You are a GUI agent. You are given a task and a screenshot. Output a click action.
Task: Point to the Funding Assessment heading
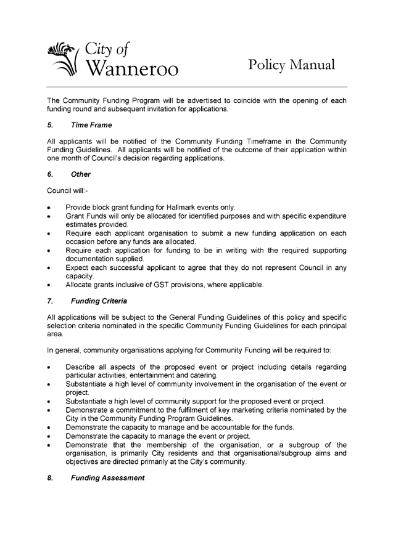click(x=107, y=477)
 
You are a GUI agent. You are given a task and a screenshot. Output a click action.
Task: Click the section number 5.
click(x=49, y=125)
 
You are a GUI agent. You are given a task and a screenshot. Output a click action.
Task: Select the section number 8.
click(x=49, y=477)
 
